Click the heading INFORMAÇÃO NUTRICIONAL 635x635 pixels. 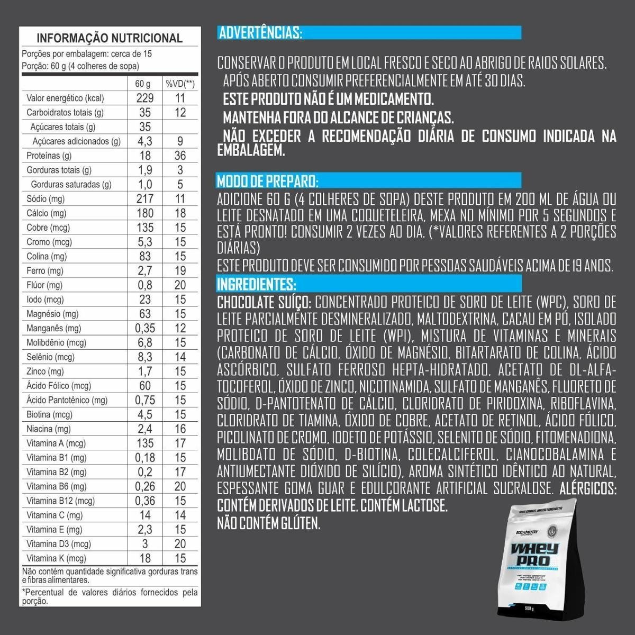[x=110, y=38]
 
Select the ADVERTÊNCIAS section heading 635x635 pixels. [x=260, y=33]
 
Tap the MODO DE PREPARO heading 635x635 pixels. [x=267, y=182]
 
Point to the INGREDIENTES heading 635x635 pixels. [x=256, y=284]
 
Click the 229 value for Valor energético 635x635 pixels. [x=144, y=98]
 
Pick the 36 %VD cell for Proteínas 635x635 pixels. [x=180, y=156]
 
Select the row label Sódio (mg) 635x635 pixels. [x=46, y=199]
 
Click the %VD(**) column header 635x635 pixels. [x=180, y=84]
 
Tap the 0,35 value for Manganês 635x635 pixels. [x=144, y=328]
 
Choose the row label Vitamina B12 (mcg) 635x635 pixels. [x=61, y=501]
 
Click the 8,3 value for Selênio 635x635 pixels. [x=144, y=357]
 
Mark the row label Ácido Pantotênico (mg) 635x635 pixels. [x=67, y=400]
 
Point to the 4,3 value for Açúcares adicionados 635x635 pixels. [x=144, y=141]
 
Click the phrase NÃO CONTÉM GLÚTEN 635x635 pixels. [x=269, y=524]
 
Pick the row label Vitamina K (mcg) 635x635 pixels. [x=56, y=558]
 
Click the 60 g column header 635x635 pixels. [x=143, y=84]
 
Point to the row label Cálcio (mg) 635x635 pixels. [x=47, y=213]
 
